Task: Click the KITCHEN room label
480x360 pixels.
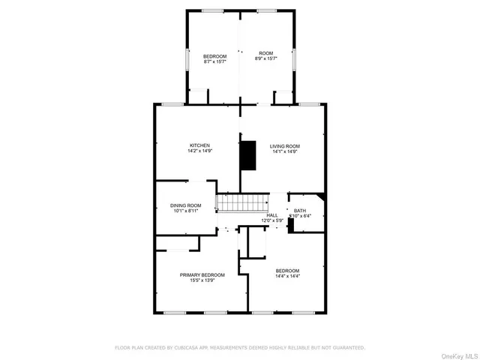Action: [199, 145]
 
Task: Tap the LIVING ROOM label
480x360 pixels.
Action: [285, 146]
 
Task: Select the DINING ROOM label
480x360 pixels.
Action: [185, 205]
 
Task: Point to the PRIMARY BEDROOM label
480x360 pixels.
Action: [202, 275]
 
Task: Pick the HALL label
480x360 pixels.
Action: [271, 215]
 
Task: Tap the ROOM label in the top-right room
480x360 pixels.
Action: [265, 53]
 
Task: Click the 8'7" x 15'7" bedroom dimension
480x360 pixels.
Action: [214, 61]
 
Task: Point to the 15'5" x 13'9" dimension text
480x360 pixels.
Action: [202, 281]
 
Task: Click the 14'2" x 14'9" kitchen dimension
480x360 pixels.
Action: [199, 151]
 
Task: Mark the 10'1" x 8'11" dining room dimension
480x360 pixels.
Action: [185, 211]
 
